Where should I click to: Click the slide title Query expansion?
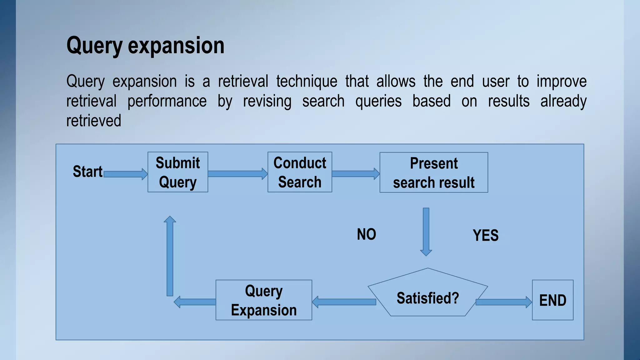[x=145, y=46]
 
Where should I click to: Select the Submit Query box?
[x=178, y=172]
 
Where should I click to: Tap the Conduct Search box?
[x=300, y=172]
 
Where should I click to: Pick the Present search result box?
[x=434, y=172]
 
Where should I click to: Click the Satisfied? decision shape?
[x=427, y=297]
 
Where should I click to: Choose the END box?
[x=552, y=300]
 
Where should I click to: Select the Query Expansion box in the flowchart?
[x=264, y=300]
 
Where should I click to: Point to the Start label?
[x=87, y=172]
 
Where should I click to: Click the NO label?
[x=367, y=234]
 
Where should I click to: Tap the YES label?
[x=486, y=235]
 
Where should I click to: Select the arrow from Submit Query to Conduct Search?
[x=237, y=174]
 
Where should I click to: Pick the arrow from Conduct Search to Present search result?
[x=356, y=174]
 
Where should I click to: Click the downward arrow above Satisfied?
[x=426, y=231]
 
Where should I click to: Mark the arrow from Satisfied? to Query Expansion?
[x=344, y=302]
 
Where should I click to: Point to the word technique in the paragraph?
[x=307, y=82]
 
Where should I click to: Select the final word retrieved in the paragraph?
[x=94, y=121]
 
